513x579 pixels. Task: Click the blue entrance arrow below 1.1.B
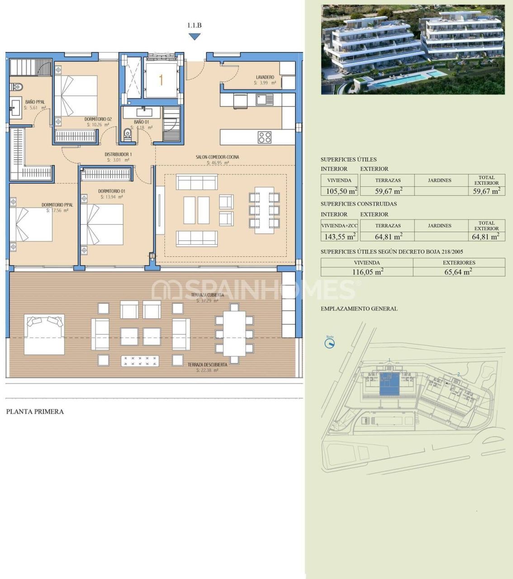(195, 37)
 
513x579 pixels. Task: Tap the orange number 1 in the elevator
(161, 80)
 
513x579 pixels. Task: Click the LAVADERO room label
(265, 77)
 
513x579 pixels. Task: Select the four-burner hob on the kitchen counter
(265, 137)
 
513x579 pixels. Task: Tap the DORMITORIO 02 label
(98, 119)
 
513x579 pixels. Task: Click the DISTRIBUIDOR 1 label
(118, 154)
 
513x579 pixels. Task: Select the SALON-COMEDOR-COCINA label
(217, 157)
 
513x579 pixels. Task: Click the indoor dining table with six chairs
(264, 210)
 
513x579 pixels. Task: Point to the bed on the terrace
(44, 334)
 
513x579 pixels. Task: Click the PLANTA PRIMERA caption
(35, 412)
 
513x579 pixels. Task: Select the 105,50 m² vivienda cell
(339, 191)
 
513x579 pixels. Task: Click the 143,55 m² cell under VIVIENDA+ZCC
(339, 236)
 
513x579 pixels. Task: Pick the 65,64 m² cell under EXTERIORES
(459, 272)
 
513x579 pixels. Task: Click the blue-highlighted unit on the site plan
(389, 385)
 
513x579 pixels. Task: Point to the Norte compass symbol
(330, 343)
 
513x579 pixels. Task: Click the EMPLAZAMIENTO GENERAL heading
(359, 308)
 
